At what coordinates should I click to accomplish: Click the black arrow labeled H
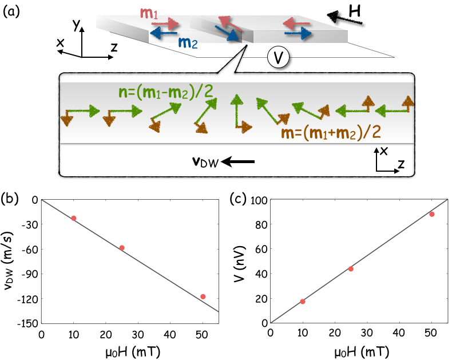pyautogui.click(x=347, y=19)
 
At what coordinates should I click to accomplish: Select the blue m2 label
pyautogui.click(x=188, y=42)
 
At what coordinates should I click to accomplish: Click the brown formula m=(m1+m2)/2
pyautogui.click(x=331, y=133)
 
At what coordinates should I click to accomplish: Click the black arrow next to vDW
pyautogui.click(x=237, y=163)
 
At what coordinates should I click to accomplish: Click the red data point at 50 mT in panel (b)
pyautogui.click(x=203, y=296)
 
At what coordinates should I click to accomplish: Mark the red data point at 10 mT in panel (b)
pyautogui.click(x=74, y=218)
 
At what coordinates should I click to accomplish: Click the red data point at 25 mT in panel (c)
pyautogui.click(x=351, y=268)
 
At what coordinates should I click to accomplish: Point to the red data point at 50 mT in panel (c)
pyautogui.click(x=431, y=214)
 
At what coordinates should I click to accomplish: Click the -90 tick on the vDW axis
pyautogui.click(x=27, y=274)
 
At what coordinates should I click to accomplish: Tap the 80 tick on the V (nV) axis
pyautogui.click(x=260, y=224)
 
